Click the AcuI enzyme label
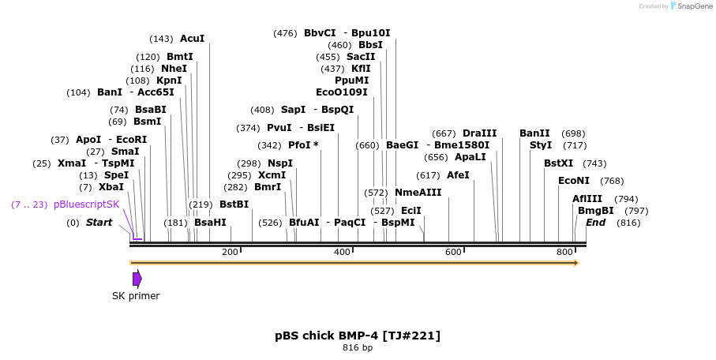(192, 38)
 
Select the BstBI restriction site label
(234, 204)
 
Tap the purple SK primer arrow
(137, 279)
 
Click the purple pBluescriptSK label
(87, 204)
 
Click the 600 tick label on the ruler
(453, 252)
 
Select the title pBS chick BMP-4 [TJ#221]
(358, 336)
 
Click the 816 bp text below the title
(358, 347)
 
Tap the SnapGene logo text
(692, 6)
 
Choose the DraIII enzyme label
(480, 133)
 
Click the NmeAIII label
(418, 192)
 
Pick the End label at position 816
(595, 223)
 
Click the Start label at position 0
(99, 223)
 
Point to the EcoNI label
(573, 181)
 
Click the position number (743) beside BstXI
(594, 163)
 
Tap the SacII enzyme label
(361, 57)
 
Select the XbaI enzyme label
(111, 187)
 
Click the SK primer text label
(136, 296)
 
